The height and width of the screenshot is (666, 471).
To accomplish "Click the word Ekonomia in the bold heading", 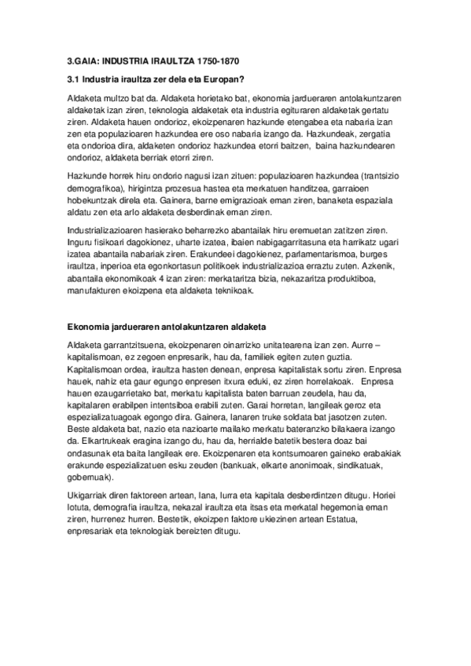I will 86,325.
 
